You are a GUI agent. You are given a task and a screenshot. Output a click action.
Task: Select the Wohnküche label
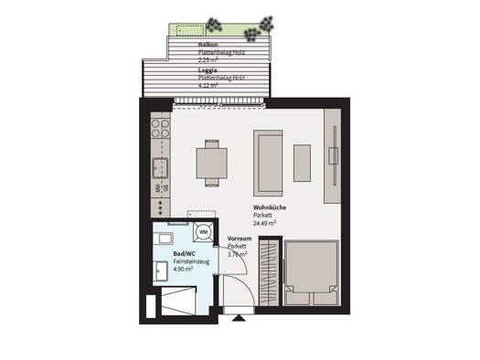click(x=271, y=208)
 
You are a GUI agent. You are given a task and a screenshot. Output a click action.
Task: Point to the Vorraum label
click(x=240, y=238)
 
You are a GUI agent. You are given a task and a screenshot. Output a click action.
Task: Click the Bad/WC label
click(x=185, y=252)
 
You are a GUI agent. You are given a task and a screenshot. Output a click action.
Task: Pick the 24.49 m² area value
click(x=265, y=222)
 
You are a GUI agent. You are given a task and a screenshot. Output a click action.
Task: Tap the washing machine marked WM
click(x=202, y=233)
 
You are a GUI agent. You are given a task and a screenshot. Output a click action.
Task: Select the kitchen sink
click(x=159, y=167)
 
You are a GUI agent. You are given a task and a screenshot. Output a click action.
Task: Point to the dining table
click(x=212, y=163)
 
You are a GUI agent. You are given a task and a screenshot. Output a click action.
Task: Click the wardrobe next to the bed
click(x=267, y=269)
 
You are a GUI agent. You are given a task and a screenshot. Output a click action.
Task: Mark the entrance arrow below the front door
click(x=240, y=318)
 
